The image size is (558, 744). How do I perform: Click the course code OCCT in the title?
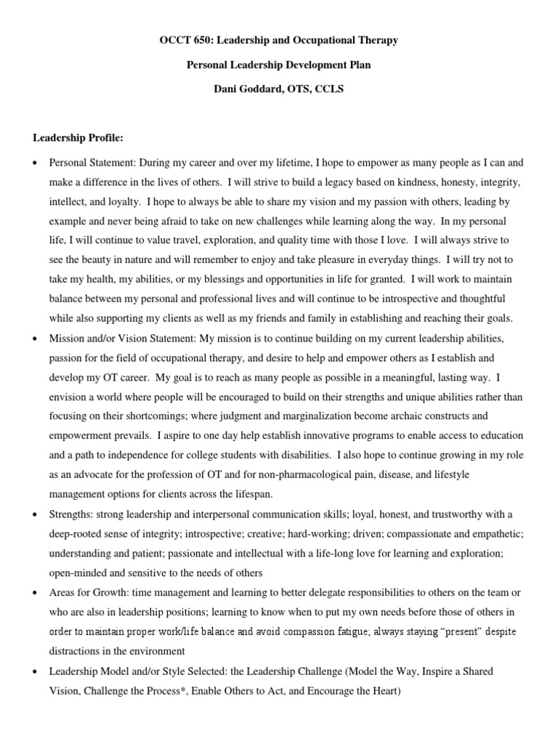174,41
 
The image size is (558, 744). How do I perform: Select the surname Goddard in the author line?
254,89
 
